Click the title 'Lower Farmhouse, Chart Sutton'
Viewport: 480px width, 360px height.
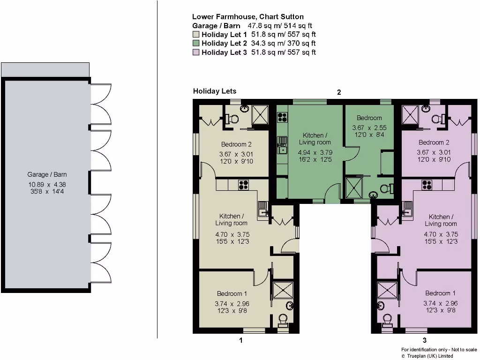[x=248, y=17]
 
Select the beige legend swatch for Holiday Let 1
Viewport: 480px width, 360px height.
[x=196, y=35]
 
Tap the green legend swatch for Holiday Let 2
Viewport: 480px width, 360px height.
[x=196, y=44]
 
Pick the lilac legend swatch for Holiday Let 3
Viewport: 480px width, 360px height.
[x=196, y=52]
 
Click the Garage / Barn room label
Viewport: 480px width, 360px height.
[x=47, y=174]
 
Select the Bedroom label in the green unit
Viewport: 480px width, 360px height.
[x=369, y=118]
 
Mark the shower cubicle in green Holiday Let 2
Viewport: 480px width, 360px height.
[x=354, y=187]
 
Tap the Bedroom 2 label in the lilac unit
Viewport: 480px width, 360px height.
[x=434, y=142]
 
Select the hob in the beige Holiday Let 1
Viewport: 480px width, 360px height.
[x=243, y=185]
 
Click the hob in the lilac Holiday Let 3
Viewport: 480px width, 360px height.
[x=427, y=185]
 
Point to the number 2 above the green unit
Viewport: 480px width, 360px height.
[x=339, y=92]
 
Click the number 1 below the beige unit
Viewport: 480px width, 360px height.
[x=241, y=340]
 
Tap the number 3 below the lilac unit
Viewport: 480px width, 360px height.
[x=425, y=340]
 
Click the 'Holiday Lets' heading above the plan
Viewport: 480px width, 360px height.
[x=215, y=91]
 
